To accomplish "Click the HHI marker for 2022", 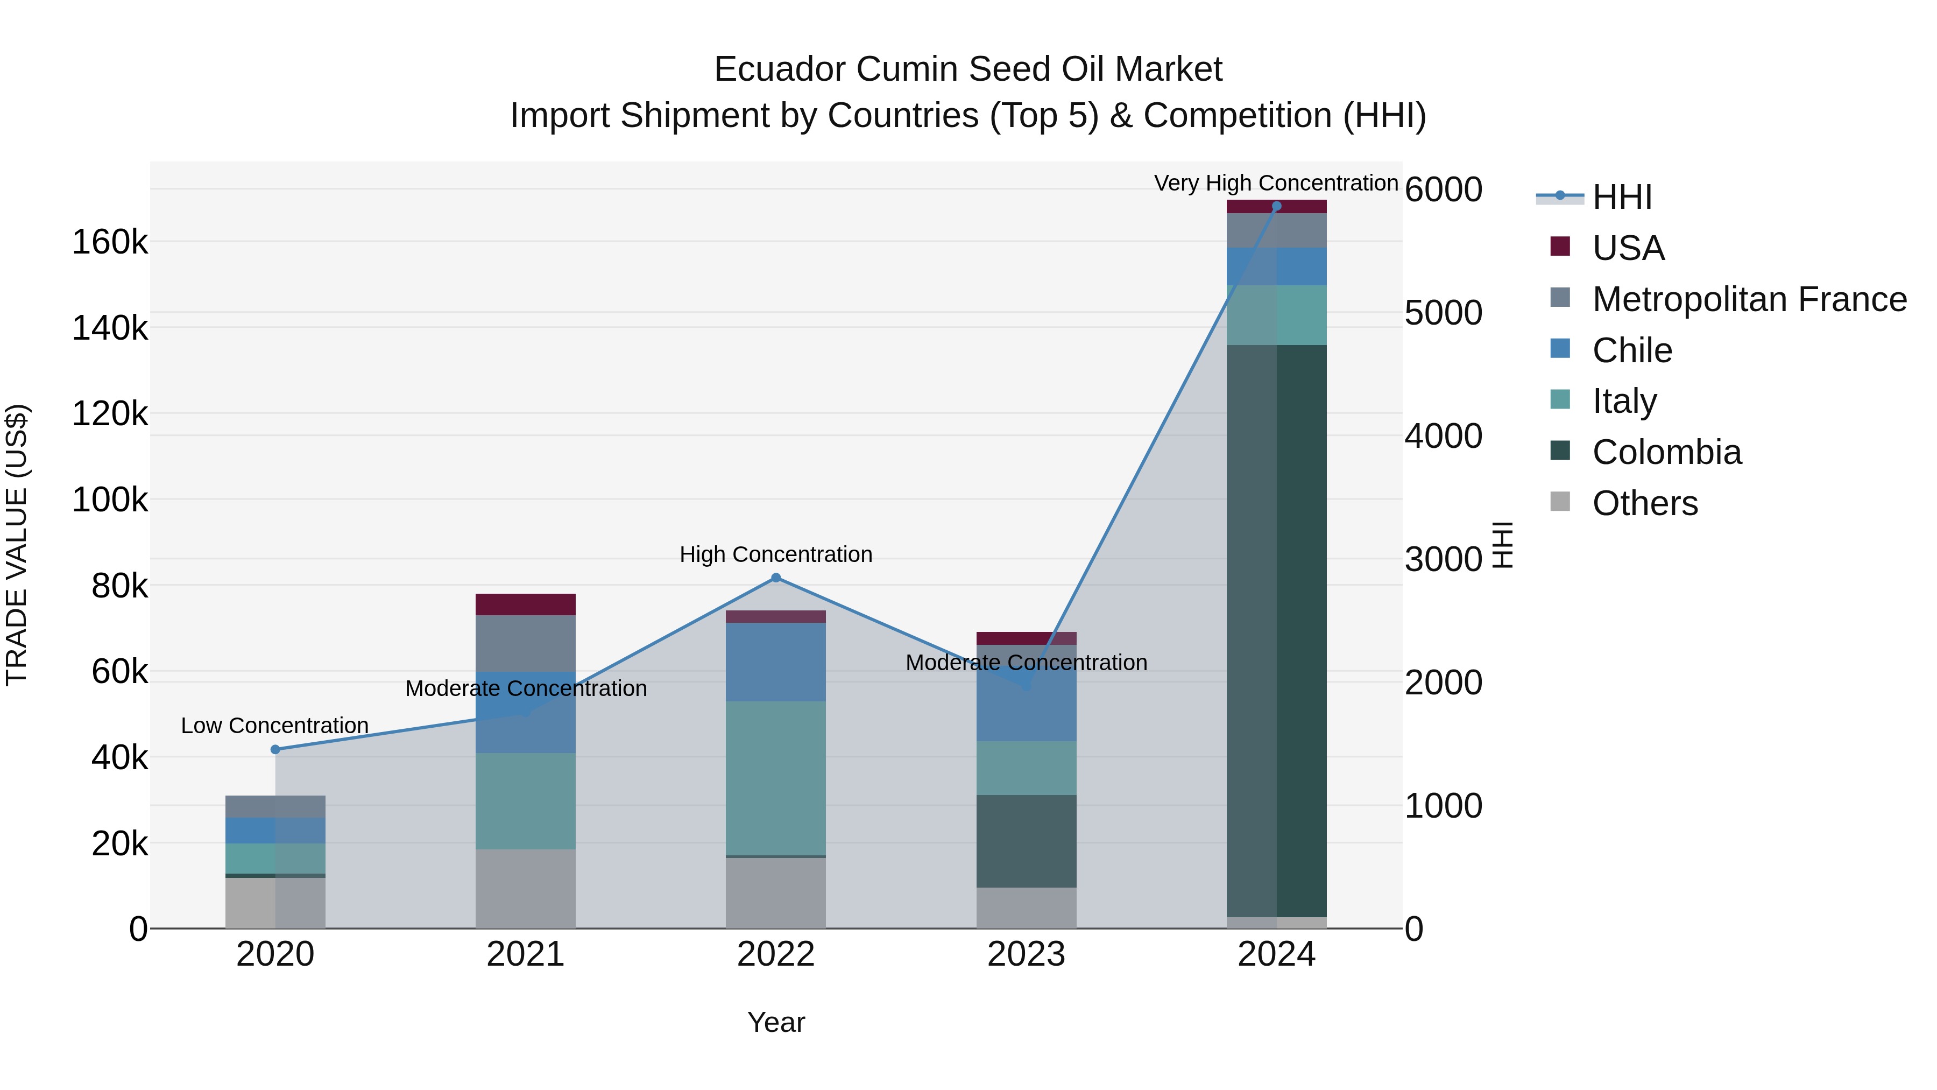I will coord(776,578).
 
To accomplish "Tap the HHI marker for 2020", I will coord(275,749).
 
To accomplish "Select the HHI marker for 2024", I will coord(1276,206).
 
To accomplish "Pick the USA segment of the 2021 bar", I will coord(526,604).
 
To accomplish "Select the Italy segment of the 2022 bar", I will coord(776,778).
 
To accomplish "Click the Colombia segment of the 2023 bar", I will coord(1027,841).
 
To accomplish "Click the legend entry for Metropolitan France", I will coord(1749,299).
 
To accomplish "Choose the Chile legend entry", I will coord(1632,350).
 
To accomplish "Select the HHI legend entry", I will coord(1622,197).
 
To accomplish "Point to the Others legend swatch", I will coord(1560,502).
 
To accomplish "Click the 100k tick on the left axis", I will coord(110,500).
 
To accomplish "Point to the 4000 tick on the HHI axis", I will coord(1443,437).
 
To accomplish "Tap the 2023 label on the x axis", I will coord(1027,954).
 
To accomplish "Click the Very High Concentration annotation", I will coord(1276,183).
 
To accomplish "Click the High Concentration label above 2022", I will coord(776,554).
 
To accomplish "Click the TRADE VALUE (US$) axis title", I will coord(17,545).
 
